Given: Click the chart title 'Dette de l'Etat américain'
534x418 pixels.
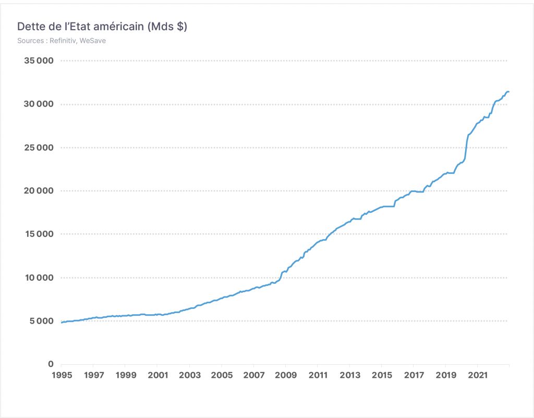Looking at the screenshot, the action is click(80, 26).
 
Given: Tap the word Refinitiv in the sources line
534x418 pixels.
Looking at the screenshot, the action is click(63, 41).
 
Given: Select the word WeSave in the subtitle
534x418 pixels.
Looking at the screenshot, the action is click(93, 41).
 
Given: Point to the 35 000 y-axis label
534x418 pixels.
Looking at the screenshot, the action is click(39, 61).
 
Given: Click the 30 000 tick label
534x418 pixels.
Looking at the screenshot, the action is click(39, 104).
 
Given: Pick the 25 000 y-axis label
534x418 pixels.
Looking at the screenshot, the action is click(39, 148).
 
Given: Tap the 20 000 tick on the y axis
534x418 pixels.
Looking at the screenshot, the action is click(39, 191).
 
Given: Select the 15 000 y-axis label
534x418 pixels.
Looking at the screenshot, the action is click(39, 234).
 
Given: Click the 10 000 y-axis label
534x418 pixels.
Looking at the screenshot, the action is click(39, 278).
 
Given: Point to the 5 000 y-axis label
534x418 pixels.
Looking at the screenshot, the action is click(42, 321).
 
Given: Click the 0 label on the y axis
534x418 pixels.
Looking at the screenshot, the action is click(51, 364).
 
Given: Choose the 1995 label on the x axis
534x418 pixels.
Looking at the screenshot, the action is click(62, 375).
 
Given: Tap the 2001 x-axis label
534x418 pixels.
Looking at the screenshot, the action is click(157, 375).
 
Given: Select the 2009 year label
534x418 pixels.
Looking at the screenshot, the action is click(286, 375).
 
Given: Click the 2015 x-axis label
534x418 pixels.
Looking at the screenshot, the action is click(382, 375).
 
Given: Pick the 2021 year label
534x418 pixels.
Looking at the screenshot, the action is click(478, 375).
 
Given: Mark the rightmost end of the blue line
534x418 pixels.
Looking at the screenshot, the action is click(509, 92).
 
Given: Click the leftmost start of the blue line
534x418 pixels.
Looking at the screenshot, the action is click(62, 323).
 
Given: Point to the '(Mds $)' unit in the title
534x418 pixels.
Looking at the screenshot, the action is click(167, 26).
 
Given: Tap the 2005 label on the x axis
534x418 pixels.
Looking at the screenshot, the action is click(222, 375).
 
